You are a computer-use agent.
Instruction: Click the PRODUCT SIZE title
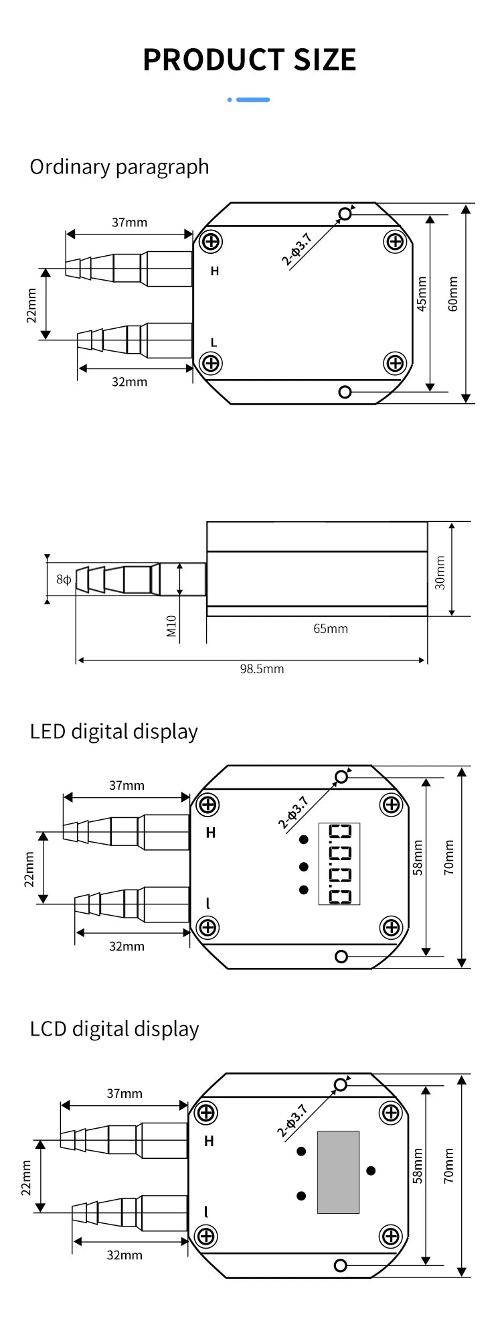pyautogui.click(x=250, y=60)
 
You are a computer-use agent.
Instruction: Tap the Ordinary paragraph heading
pyautogui.click(x=119, y=167)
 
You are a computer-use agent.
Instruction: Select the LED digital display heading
pyautogui.click(x=114, y=731)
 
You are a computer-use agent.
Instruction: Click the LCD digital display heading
pyautogui.click(x=114, y=1029)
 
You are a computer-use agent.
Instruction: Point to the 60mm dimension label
pyautogui.click(x=453, y=294)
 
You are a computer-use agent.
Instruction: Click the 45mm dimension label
pyautogui.click(x=422, y=294)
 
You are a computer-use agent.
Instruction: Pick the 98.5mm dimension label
pyautogui.click(x=262, y=669)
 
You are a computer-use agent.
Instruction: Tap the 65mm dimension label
pyautogui.click(x=331, y=628)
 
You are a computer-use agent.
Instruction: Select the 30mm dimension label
pyautogui.click(x=440, y=573)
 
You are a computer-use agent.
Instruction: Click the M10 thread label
pyautogui.click(x=171, y=626)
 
